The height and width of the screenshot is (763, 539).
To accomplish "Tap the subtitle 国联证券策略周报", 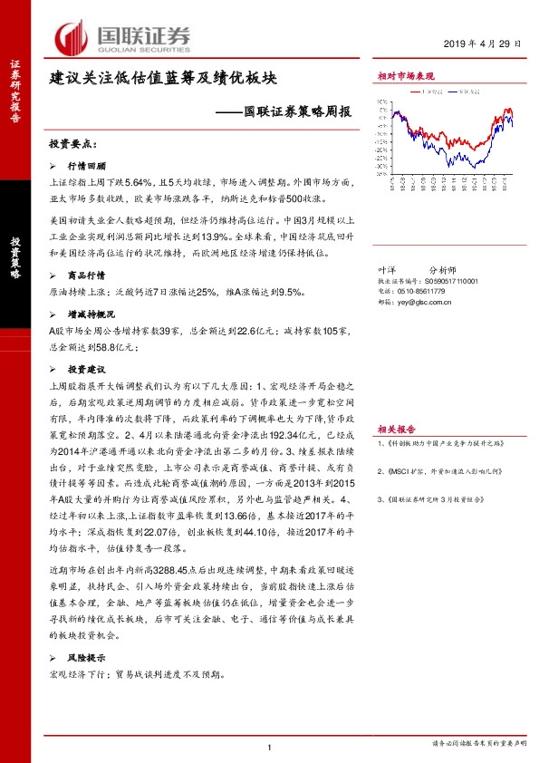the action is point(295,111).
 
